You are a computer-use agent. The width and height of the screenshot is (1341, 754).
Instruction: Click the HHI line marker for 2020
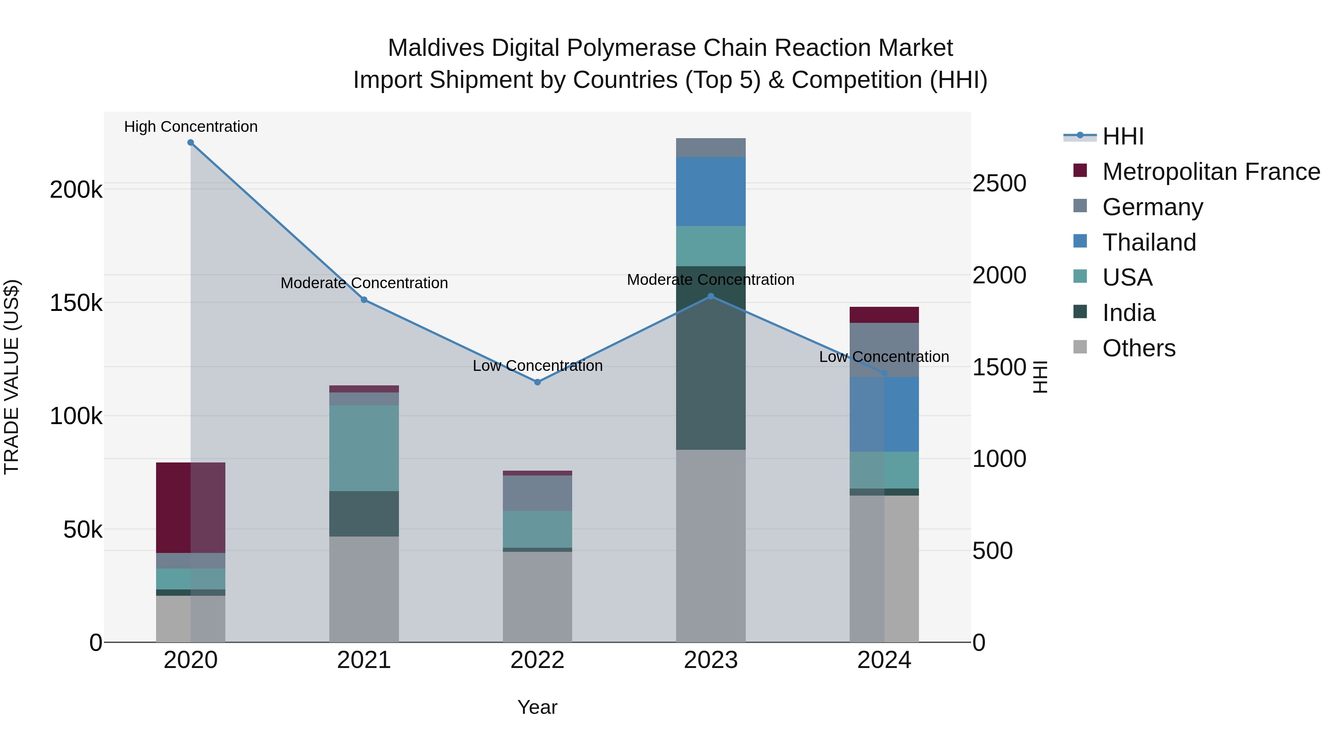[x=190, y=143]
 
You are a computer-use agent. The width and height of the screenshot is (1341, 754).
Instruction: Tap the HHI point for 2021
[x=364, y=300]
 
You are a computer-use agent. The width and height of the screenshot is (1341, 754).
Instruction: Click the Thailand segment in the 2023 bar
[x=711, y=191]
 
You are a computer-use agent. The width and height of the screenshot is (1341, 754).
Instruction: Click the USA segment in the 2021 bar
[x=364, y=448]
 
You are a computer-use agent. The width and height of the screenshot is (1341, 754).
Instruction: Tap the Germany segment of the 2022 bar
[x=537, y=493]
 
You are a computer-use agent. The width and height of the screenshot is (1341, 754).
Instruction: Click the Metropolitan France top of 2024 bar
[x=884, y=315]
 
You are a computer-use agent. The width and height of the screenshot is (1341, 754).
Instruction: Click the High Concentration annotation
[x=190, y=127]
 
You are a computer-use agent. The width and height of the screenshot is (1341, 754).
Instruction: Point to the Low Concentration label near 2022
[x=537, y=366]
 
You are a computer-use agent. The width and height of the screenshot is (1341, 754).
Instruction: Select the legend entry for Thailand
[x=1149, y=242]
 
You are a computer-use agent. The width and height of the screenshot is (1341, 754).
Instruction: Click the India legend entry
[x=1129, y=313]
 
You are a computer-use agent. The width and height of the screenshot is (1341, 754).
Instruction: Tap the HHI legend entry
[x=1123, y=136]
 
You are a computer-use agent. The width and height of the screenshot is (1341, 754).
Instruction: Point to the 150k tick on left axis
[x=76, y=303]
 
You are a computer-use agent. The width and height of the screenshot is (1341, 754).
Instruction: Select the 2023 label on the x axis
[x=711, y=660]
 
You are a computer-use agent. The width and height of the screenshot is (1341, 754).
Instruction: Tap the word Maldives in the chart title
[x=436, y=48]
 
